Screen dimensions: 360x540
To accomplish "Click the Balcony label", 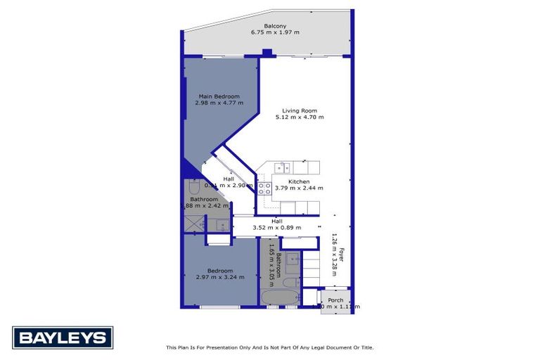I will point(265,26).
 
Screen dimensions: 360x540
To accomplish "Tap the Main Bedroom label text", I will point(219,96).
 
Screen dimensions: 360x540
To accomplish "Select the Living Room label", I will point(300,110).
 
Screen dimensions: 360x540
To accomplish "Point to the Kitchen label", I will point(299,181).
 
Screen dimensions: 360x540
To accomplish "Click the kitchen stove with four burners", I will point(264,188).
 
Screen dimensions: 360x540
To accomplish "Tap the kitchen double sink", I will point(283,167).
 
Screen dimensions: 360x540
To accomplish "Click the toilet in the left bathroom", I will point(195,186).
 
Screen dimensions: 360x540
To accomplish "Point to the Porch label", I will point(335,300).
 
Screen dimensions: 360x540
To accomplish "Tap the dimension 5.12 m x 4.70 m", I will point(300,117).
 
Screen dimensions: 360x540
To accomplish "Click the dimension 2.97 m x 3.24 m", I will point(221,277).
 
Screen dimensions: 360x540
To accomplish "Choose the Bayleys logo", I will point(63,338).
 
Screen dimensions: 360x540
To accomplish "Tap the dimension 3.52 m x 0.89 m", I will point(277,227).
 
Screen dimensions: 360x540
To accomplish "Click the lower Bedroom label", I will point(221,271).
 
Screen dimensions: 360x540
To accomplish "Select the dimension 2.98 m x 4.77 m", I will point(219,103).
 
